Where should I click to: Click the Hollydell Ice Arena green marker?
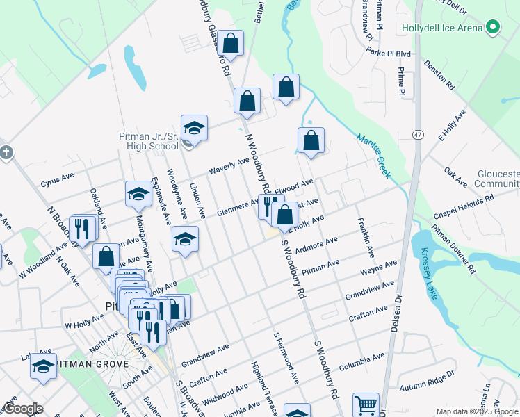point(493,28)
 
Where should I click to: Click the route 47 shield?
point(417,133)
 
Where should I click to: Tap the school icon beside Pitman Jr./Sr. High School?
point(195,128)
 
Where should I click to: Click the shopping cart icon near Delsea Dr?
point(366,404)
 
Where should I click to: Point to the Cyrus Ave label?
point(57,183)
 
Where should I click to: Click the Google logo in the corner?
point(23,409)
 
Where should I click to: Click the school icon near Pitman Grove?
point(43,366)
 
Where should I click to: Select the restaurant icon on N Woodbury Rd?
point(269,205)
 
